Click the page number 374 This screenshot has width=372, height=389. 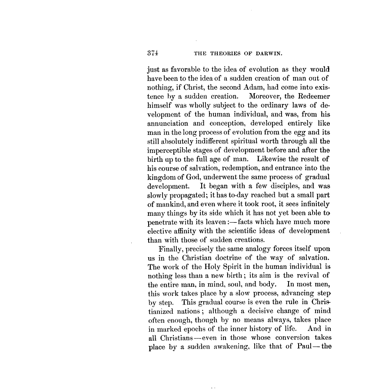[153, 54]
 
